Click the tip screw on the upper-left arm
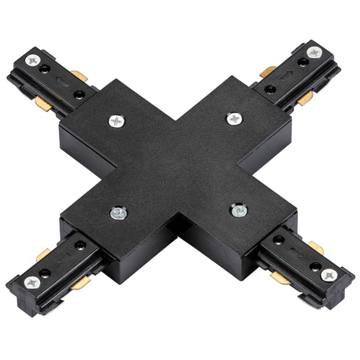[32, 60]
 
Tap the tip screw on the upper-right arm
[314, 52]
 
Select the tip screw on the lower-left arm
[32, 283]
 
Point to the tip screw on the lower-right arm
[329, 276]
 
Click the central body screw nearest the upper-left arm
[116, 121]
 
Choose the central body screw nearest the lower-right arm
[239, 211]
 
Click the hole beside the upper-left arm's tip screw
[45, 68]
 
